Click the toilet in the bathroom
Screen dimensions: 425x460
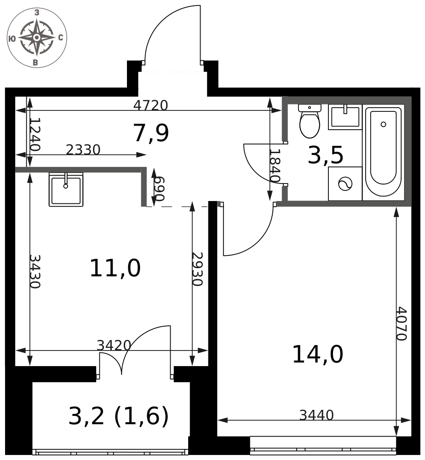coord(310,121)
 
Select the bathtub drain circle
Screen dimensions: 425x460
coord(383,124)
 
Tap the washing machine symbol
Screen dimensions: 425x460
coord(345,184)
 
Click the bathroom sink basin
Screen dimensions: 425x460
coord(345,117)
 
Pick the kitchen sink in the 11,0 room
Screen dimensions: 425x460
coord(66,190)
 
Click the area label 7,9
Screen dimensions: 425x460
coord(151,133)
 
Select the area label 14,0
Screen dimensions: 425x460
coord(318,355)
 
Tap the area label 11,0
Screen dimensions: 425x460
coord(115,268)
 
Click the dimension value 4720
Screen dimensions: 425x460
coord(150,105)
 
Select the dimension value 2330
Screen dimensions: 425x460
coord(83,149)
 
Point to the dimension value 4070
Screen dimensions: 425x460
coord(402,323)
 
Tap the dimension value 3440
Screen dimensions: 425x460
coord(316,415)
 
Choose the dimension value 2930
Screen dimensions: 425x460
coord(197,269)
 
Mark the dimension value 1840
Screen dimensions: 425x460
coord(275,166)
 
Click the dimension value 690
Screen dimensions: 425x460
coord(160,189)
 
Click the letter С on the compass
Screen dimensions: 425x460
coord(61,38)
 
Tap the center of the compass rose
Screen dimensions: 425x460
coord(37,38)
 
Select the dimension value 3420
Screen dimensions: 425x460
coord(114,345)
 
